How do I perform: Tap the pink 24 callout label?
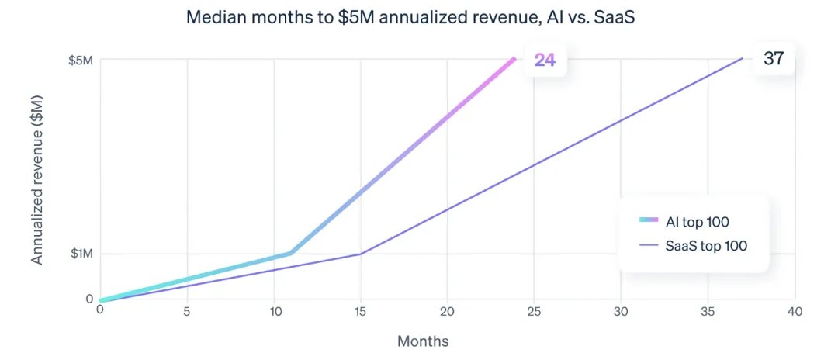545,59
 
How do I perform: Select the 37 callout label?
774,58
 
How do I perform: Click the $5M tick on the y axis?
81,59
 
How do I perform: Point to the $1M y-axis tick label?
81,254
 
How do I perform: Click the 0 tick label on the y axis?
89,299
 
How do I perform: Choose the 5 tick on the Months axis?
186,311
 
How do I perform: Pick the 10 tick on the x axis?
273,311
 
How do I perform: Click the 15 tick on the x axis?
360,311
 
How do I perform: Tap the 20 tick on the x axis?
447,311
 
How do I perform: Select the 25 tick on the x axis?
534,311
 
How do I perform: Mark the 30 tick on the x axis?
621,311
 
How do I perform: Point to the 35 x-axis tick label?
708,311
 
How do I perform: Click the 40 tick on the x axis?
794,311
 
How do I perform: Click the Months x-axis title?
423,341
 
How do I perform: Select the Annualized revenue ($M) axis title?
37,179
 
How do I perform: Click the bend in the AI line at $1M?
290,253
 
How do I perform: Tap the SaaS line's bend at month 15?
360,254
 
